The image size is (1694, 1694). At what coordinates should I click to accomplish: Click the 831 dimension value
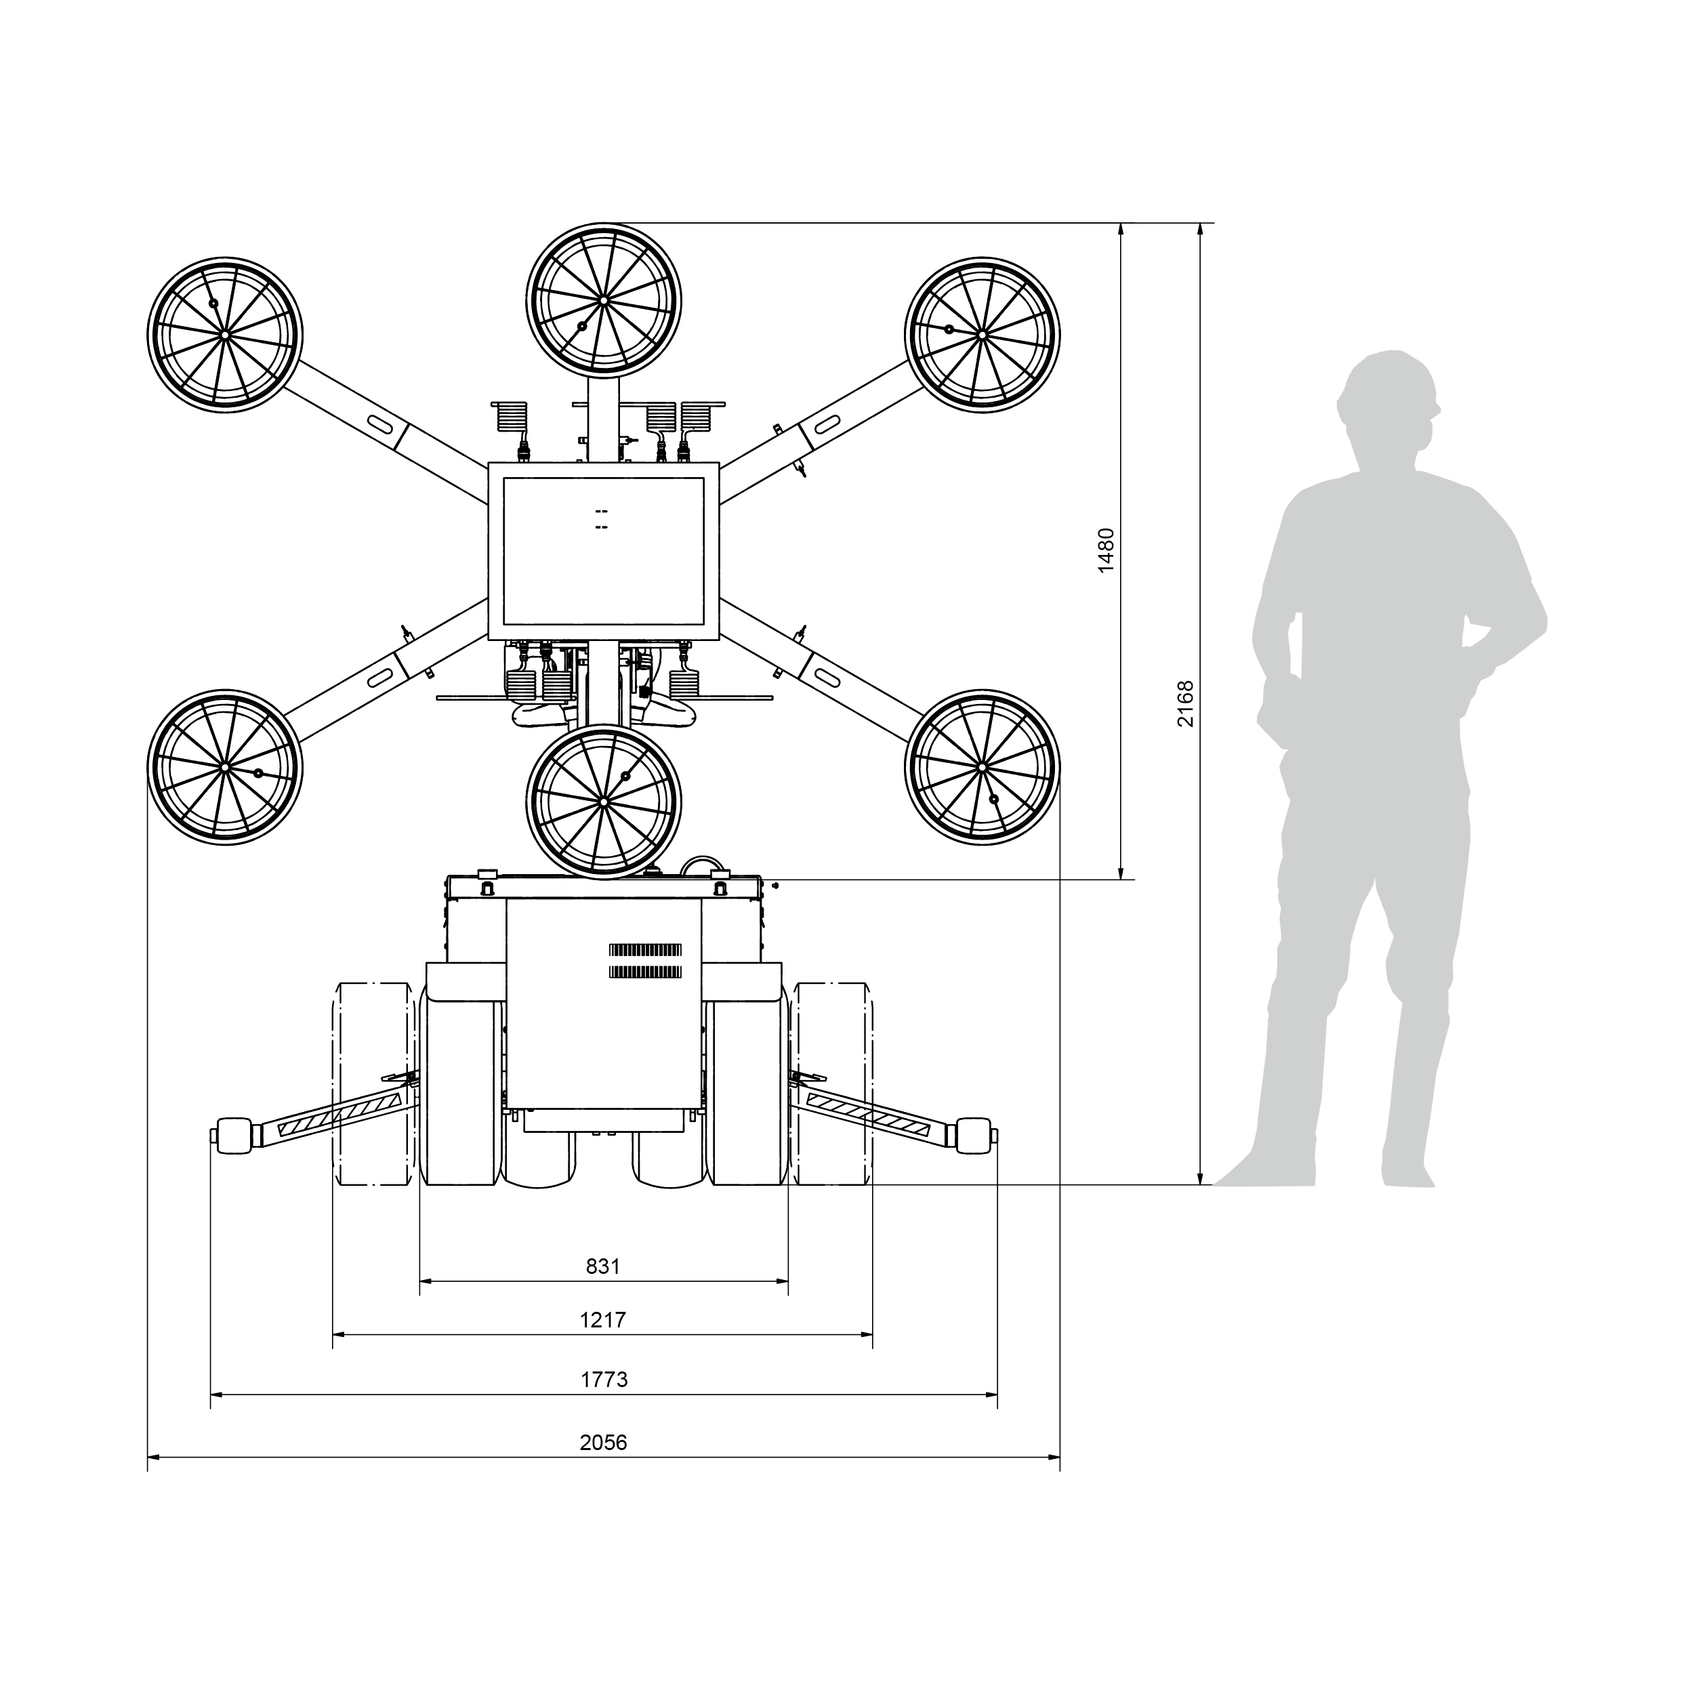pos(603,1267)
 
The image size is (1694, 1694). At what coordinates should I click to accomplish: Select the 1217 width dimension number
pos(603,1319)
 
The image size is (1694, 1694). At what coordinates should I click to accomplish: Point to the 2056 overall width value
pos(603,1443)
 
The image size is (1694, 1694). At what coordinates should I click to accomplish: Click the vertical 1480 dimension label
pos(1107,551)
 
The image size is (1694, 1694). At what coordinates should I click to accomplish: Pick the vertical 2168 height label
pos(1185,703)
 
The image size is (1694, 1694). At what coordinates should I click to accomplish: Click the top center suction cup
pos(604,300)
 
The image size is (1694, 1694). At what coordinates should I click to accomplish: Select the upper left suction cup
pos(224,335)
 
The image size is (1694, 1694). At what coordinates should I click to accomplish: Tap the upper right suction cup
pos(982,335)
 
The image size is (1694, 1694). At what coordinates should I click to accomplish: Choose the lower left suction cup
pos(224,767)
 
